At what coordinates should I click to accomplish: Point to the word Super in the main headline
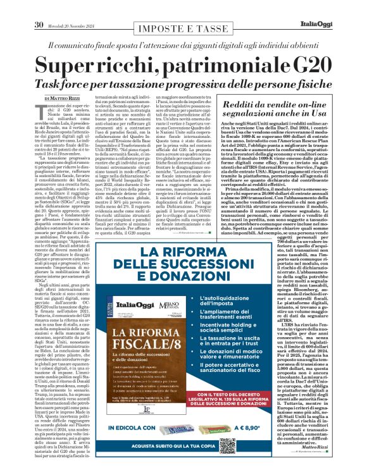(82, 66)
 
